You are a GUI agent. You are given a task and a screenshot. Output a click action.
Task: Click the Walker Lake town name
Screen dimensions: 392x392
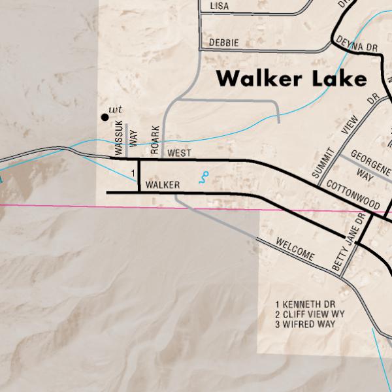[291, 78]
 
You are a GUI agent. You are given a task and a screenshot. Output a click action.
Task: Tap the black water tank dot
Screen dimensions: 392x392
[104, 117]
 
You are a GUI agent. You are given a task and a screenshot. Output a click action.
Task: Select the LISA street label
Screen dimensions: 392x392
[220, 7]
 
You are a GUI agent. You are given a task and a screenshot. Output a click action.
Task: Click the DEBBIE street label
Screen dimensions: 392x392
[223, 42]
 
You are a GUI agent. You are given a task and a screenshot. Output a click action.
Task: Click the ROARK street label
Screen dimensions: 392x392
[155, 140]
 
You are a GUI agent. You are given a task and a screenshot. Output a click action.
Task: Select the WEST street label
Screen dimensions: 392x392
[179, 153]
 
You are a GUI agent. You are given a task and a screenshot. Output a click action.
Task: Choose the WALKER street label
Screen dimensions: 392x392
[163, 186]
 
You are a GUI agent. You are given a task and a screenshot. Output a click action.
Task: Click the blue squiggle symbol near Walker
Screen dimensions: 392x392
[204, 177]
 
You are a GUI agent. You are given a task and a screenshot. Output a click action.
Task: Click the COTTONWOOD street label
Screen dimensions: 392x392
[352, 195]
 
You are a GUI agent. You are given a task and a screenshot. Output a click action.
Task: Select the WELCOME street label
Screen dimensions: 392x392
[295, 249]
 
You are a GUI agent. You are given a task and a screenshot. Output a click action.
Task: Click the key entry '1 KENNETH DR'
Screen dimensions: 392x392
[305, 304]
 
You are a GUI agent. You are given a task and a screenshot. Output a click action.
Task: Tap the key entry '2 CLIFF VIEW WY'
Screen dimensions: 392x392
[310, 314]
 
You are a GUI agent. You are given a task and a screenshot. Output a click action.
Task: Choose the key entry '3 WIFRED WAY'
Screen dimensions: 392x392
[305, 324]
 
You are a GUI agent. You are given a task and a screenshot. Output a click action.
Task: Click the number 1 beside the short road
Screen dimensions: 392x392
[133, 172]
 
